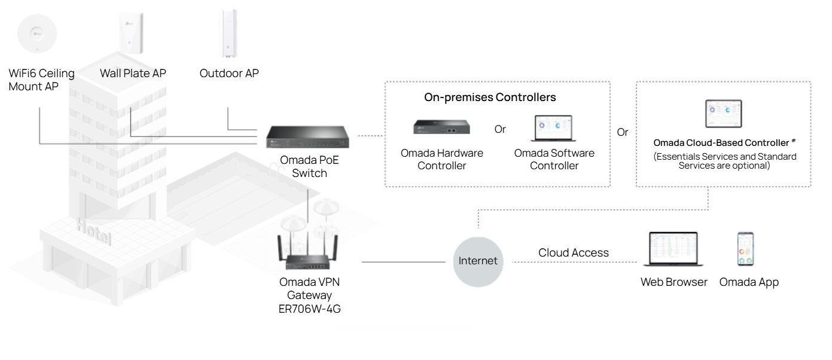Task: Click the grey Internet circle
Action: (478, 261)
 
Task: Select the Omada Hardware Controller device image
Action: (441, 126)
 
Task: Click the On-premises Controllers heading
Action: (489, 98)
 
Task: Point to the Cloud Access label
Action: (574, 253)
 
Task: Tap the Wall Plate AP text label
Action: (133, 74)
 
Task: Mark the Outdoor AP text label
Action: (229, 74)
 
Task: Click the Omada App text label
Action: (749, 282)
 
